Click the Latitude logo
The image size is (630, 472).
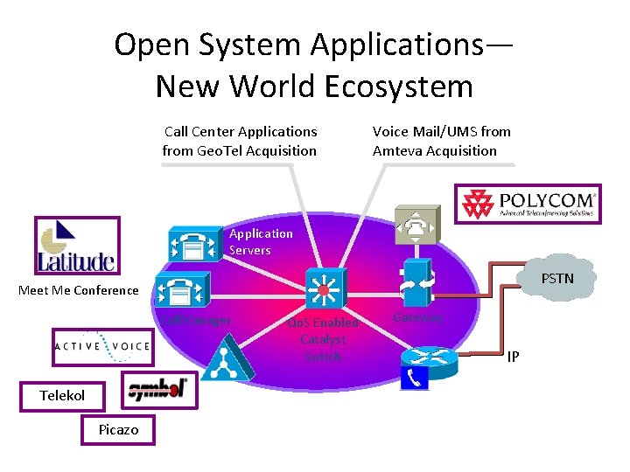click(x=76, y=246)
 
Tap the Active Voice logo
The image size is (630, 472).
click(x=101, y=347)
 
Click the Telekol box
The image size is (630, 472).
click(x=62, y=396)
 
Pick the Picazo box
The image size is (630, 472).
click(x=118, y=429)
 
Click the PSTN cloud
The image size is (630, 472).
click(x=556, y=280)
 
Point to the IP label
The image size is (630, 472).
click(x=514, y=357)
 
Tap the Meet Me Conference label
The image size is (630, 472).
click(x=79, y=290)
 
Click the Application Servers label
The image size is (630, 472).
click(x=261, y=241)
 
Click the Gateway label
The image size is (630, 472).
click(x=417, y=317)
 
